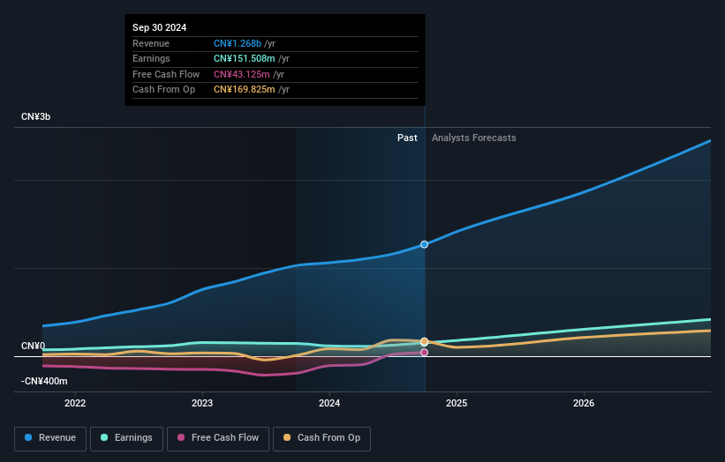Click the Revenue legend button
click(51, 437)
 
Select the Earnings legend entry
click(126, 437)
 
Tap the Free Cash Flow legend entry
click(218, 437)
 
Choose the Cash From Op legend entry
click(322, 437)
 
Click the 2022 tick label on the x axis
click(75, 403)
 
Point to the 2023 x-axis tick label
click(202, 403)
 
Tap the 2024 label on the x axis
click(329, 403)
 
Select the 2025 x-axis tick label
click(457, 403)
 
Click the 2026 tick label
click(584, 403)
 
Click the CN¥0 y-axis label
click(33, 346)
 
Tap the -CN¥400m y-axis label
click(44, 381)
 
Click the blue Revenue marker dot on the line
click(425, 244)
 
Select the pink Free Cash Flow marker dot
click(425, 353)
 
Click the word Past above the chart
click(407, 138)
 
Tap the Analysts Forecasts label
click(473, 138)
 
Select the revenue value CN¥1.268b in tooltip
click(238, 43)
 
